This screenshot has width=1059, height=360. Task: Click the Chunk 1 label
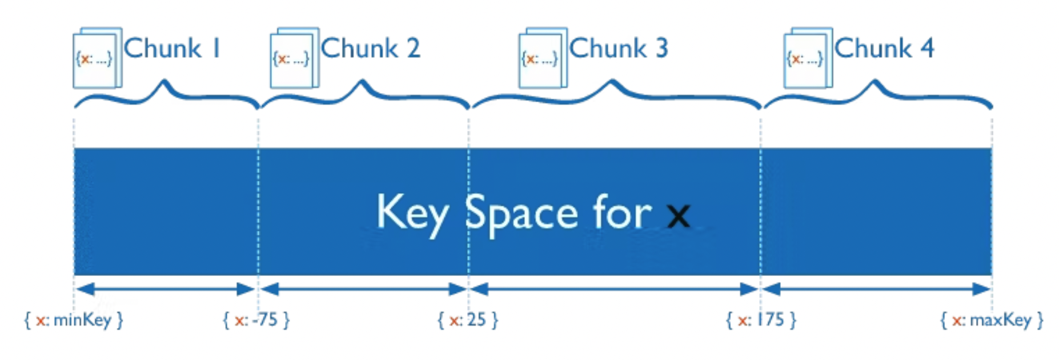tap(171, 49)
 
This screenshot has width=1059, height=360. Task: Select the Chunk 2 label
tap(370, 49)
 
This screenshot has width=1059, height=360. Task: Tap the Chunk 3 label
tap(619, 49)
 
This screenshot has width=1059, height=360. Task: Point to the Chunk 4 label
tap(884, 49)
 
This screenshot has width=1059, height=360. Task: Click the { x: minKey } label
tap(74, 319)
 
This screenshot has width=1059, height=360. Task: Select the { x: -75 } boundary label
tap(256, 319)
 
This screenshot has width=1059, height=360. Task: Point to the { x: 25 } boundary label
tap(468, 319)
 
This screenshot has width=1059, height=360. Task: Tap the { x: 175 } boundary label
tap(761, 319)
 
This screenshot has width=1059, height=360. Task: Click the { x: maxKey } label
tap(992, 319)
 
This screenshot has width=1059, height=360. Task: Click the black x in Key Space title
tap(678, 216)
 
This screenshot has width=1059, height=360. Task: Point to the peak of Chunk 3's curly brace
tap(612, 82)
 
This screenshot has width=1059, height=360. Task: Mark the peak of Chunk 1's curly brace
tap(165, 82)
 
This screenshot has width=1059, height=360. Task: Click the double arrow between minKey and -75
tap(166, 289)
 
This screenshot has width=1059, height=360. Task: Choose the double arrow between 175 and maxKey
tap(876, 289)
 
